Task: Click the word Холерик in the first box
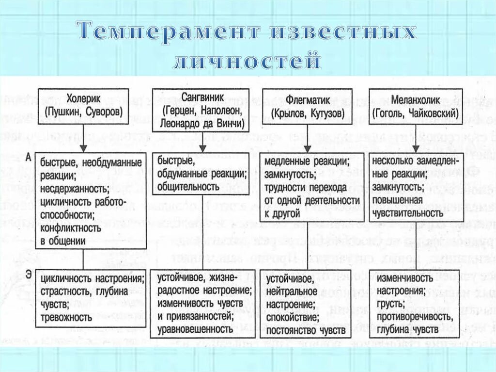point(84,99)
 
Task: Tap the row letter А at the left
point(29,157)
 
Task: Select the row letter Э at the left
point(29,275)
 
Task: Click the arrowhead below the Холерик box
point(83,147)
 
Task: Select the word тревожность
point(66,318)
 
